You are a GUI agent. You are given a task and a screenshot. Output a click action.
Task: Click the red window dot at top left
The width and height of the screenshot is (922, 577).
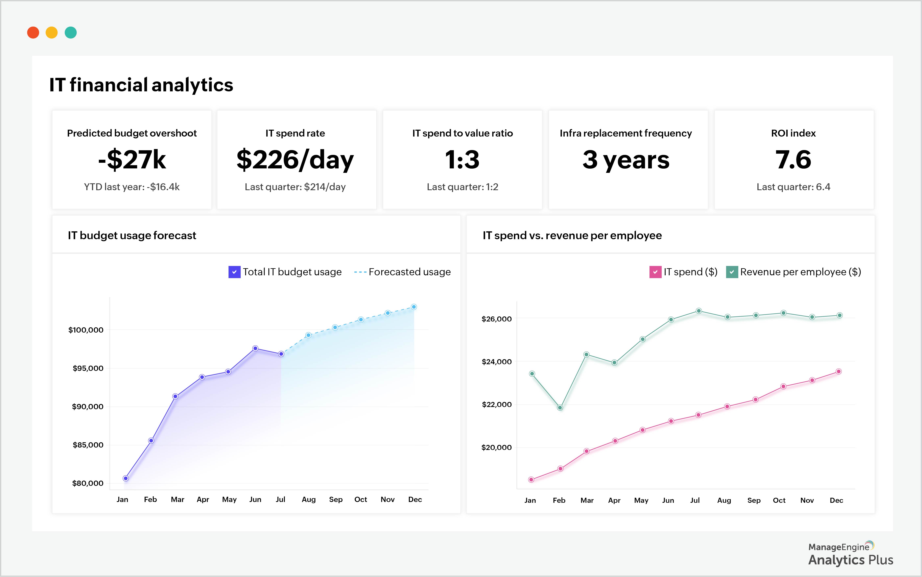(33, 33)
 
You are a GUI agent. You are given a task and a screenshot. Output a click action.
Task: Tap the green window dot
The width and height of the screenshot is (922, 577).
(71, 33)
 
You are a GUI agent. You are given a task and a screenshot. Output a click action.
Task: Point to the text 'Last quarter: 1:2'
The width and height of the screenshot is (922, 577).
(462, 187)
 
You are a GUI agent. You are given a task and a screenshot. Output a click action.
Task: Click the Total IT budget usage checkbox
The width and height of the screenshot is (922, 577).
(234, 272)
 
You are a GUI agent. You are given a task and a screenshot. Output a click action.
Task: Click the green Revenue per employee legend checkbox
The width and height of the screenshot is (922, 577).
(732, 272)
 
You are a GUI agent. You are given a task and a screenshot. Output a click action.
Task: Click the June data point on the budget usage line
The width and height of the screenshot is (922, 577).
(255, 348)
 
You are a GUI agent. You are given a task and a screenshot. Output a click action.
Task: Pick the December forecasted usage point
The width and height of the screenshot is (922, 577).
(414, 307)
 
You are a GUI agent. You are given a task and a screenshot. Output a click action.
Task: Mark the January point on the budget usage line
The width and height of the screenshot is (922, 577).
(125, 478)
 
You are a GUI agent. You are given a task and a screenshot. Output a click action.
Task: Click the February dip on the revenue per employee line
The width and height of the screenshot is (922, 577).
(560, 408)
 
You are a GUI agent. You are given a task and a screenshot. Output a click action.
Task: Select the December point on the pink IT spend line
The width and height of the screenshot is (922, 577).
(838, 371)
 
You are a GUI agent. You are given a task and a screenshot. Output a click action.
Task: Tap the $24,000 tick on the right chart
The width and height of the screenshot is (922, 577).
(496, 362)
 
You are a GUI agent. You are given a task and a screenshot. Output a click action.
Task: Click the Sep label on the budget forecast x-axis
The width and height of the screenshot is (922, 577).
(335, 500)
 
